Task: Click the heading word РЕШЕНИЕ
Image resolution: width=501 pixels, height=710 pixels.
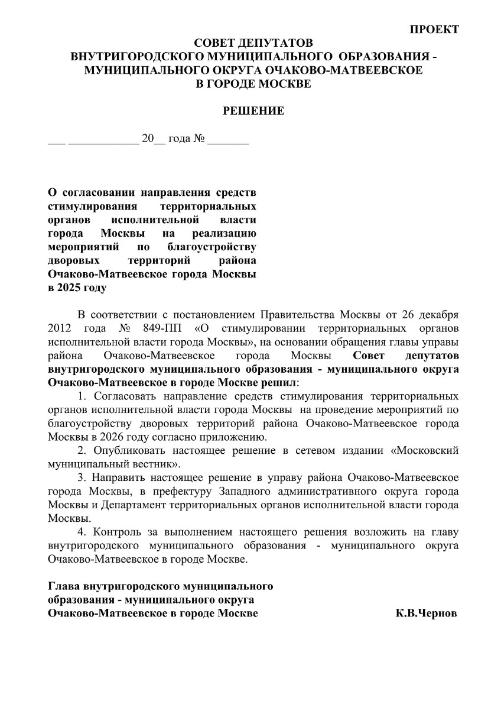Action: tap(253, 111)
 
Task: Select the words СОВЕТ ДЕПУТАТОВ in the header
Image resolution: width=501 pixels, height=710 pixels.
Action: tap(253, 44)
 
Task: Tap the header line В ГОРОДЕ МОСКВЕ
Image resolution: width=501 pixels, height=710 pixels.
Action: tap(253, 83)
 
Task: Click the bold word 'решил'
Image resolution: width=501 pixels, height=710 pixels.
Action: tap(283, 382)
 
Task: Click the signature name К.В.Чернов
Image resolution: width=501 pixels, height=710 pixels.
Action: tap(426, 614)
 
